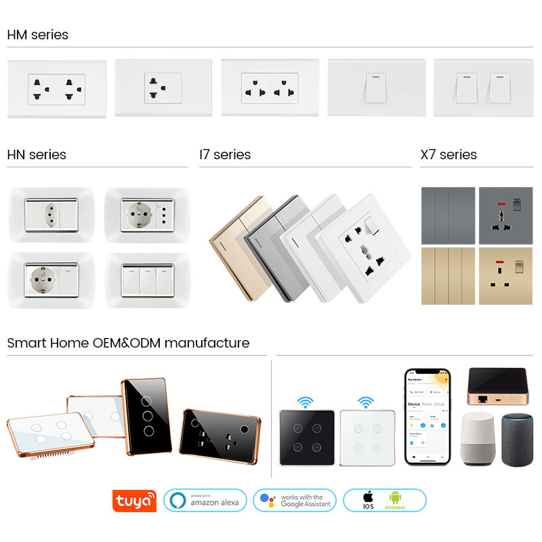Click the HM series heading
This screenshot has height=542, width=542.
click(38, 35)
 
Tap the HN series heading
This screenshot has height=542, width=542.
click(37, 154)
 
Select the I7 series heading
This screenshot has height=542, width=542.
click(225, 154)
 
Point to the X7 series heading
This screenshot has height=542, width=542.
click(449, 154)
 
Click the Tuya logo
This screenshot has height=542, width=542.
click(135, 501)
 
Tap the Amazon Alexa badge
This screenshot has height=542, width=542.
click(205, 501)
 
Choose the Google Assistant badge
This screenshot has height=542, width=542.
click(295, 501)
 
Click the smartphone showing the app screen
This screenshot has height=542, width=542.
click(428, 416)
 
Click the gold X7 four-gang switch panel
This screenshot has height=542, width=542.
click(448, 276)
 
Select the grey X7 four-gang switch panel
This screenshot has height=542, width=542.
click(448, 215)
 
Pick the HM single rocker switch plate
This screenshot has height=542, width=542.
click(377, 88)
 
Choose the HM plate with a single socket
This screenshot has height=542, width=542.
click(163, 88)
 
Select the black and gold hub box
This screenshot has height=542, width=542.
click(497, 388)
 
